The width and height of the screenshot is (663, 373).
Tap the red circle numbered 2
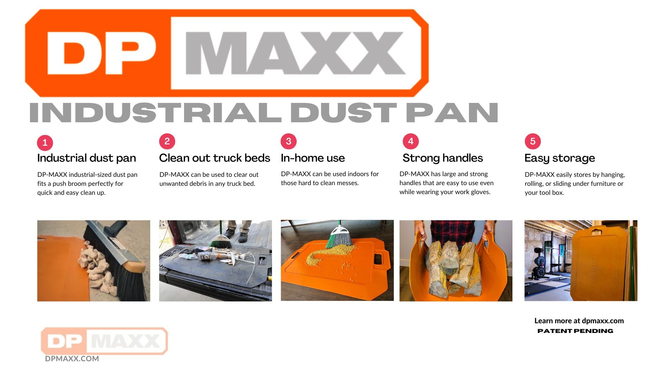[x=167, y=141]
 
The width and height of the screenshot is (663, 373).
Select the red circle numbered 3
[x=289, y=141]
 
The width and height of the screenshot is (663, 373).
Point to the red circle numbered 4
[x=411, y=141]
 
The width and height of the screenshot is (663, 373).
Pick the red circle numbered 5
[x=533, y=141]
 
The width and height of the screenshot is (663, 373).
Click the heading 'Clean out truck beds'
[x=214, y=158]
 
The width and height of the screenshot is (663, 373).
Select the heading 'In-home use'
[x=313, y=158]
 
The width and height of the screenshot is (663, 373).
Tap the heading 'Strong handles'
[x=443, y=158]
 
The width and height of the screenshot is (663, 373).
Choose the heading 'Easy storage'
[x=560, y=158]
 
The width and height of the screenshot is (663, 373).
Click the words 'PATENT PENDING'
[x=575, y=331]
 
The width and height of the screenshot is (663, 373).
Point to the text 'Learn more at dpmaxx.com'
[x=579, y=321]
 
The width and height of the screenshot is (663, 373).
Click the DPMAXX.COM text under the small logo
[x=72, y=359]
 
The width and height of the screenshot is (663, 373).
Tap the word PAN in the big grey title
[x=452, y=113]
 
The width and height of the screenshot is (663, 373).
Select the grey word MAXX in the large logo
[x=295, y=53]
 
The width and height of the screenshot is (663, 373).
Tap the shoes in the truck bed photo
[x=236, y=236]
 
